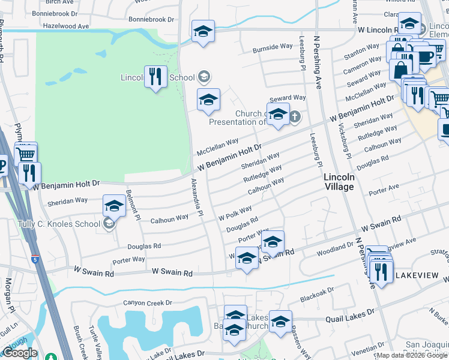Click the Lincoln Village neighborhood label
(339, 182)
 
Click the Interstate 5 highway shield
(37, 260)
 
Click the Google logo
(20, 353)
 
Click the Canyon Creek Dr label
(147, 303)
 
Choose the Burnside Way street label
(273, 47)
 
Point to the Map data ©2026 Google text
(412, 355)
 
